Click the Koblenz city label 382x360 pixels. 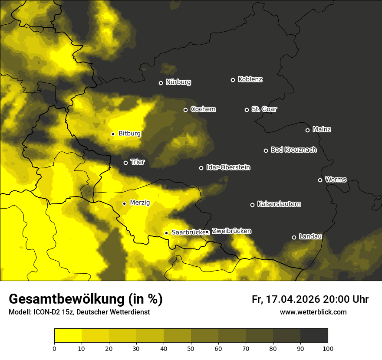click(x=250, y=79)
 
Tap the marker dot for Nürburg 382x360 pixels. click(x=161, y=83)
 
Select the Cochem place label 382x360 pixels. click(x=203, y=109)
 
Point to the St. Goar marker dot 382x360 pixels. click(x=247, y=110)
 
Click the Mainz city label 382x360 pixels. click(x=322, y=129)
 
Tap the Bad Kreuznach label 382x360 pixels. click(x=293, y=150)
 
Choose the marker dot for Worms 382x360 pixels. click(x=320, y=180)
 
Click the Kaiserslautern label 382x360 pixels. click(x=279, y=204)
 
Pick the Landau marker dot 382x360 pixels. click(x=294, y=237)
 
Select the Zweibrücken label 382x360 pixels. click(x=231, y=231)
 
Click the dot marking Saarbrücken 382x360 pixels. click(x=166, y=233)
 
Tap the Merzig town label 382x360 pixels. click(x=140, y=203)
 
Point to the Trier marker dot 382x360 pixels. click(x=125, y=163)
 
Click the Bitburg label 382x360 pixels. click(x=129, y=134)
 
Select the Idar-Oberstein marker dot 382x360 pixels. click(x=201, y=168)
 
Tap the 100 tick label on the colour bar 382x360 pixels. click(x=328, y=348)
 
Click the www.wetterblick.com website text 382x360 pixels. click(x=313, y=312)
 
